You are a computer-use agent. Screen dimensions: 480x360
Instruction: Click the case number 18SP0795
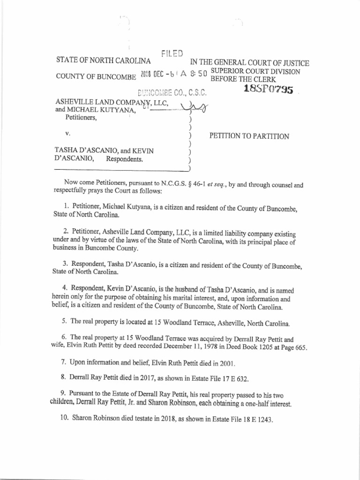tap(269, 89)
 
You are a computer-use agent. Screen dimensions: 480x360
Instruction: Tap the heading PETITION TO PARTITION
tap(249, 136)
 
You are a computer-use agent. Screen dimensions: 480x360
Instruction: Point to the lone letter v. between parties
tap(67, 134)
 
